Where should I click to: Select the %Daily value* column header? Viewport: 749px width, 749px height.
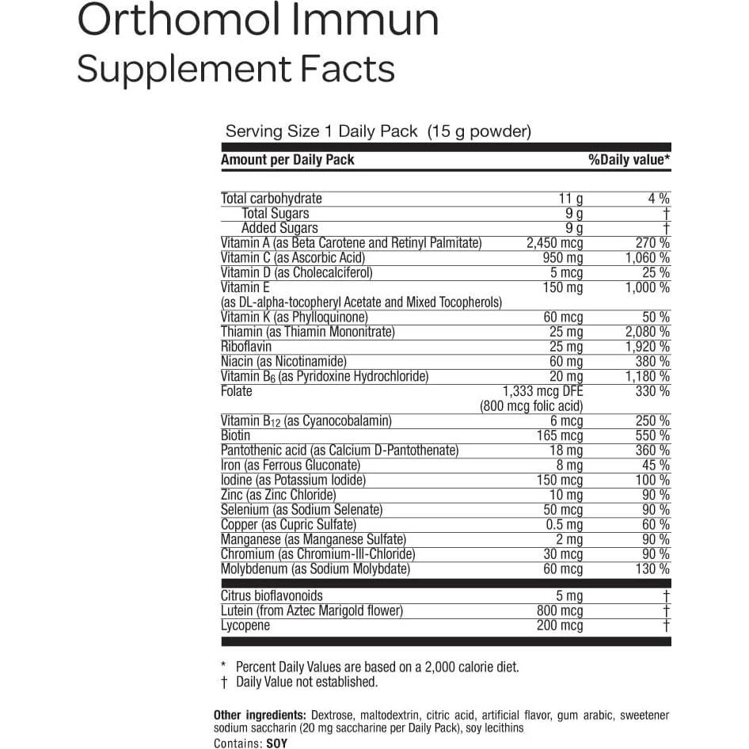point(629,160)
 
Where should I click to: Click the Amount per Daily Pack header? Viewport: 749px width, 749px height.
point(287,160)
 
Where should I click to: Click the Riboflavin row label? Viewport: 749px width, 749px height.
point(246,347)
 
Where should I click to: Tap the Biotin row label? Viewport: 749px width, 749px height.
point(236,435)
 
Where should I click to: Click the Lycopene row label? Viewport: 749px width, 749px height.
point(245,625)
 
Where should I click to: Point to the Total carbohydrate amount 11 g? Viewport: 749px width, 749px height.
point(571,199)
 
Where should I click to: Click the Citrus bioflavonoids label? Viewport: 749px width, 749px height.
point(272,596)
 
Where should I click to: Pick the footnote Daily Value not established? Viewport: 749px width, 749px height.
point(307,682)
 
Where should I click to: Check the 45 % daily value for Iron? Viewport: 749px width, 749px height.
point(656,465)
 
